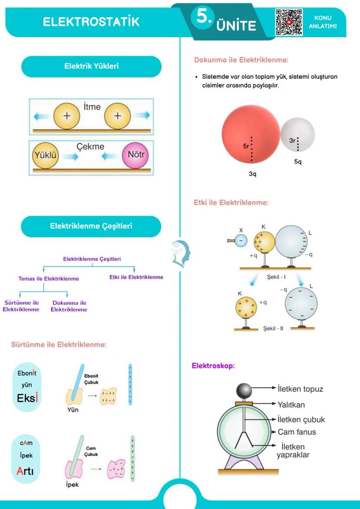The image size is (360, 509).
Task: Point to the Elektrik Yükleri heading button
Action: coord(92,67)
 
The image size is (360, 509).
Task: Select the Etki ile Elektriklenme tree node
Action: coord(136,277)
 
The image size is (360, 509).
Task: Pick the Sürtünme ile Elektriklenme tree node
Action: coord(21,306)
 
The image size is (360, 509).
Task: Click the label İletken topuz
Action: coord(300,388)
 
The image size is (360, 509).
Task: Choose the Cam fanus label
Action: coord(297,432)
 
